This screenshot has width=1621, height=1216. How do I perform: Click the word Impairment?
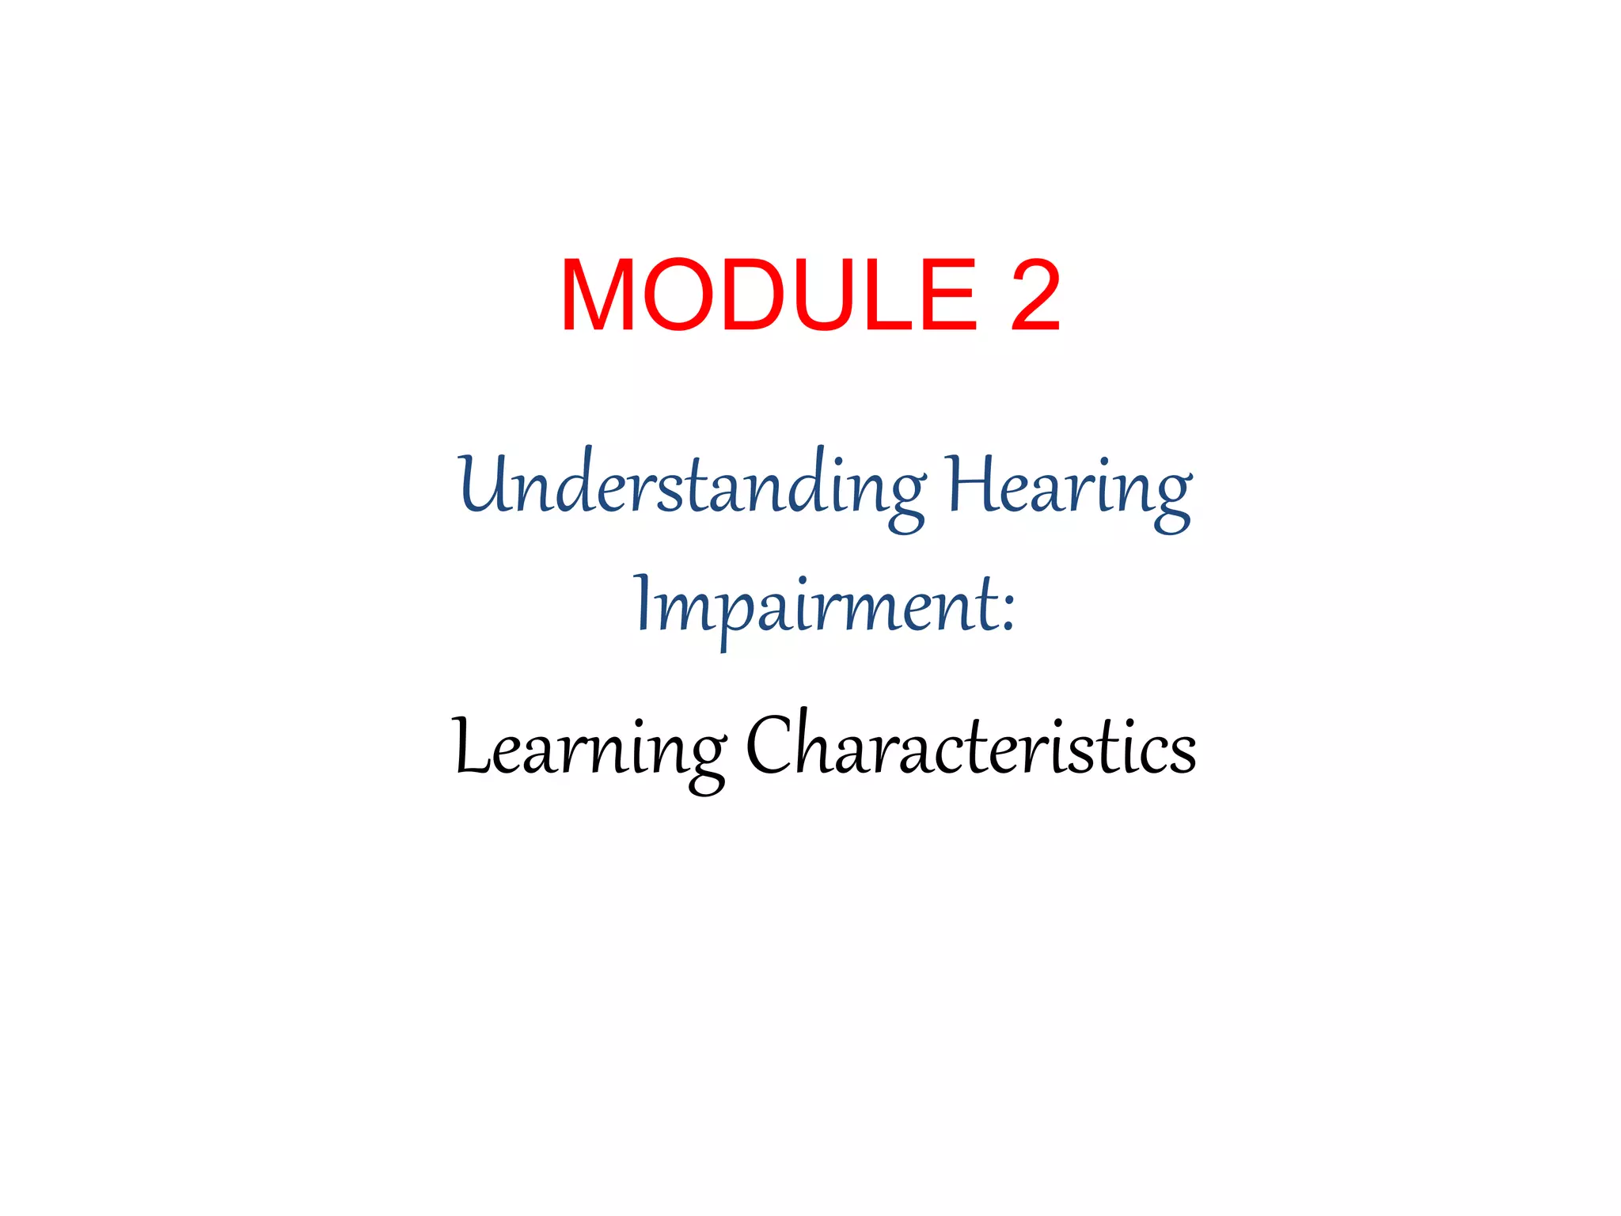[815, 606]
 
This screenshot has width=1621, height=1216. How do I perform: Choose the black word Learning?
[590, 747]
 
